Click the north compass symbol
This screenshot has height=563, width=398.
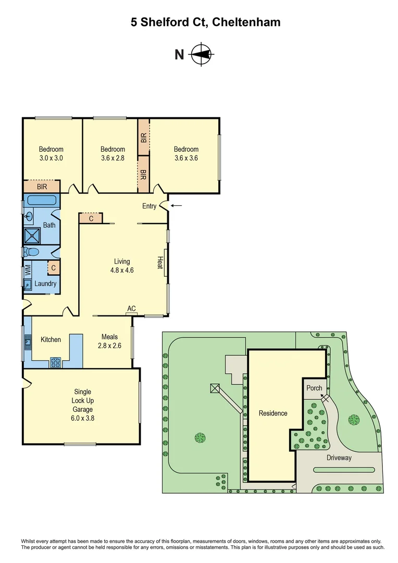coord(201,54)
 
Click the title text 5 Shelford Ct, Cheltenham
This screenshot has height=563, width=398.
coord(198,22)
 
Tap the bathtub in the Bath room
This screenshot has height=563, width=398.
coord(42,200)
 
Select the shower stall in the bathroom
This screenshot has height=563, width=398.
coord(32,236)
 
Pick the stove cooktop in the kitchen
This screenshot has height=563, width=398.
coord(55,362)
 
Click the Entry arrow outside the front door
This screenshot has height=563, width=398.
coord(177,205)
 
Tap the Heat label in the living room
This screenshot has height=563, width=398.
coord(161,262)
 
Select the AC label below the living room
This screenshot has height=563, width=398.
coord(131,309)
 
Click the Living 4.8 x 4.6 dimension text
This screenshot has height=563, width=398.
coord(122,266)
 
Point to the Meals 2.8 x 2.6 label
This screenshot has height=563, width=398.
coord(109,341)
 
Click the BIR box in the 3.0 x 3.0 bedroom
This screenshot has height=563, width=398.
coord(42,186)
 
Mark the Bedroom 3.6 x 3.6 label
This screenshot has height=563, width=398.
coord(186,153)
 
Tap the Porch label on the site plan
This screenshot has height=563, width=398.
coord(314,388)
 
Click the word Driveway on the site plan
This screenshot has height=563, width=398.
coord(339,458)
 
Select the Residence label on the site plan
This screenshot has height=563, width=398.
coord(273,413)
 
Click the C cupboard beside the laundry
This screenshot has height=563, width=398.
coord(53,268)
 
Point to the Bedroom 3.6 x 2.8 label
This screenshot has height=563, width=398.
coord(113,153)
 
